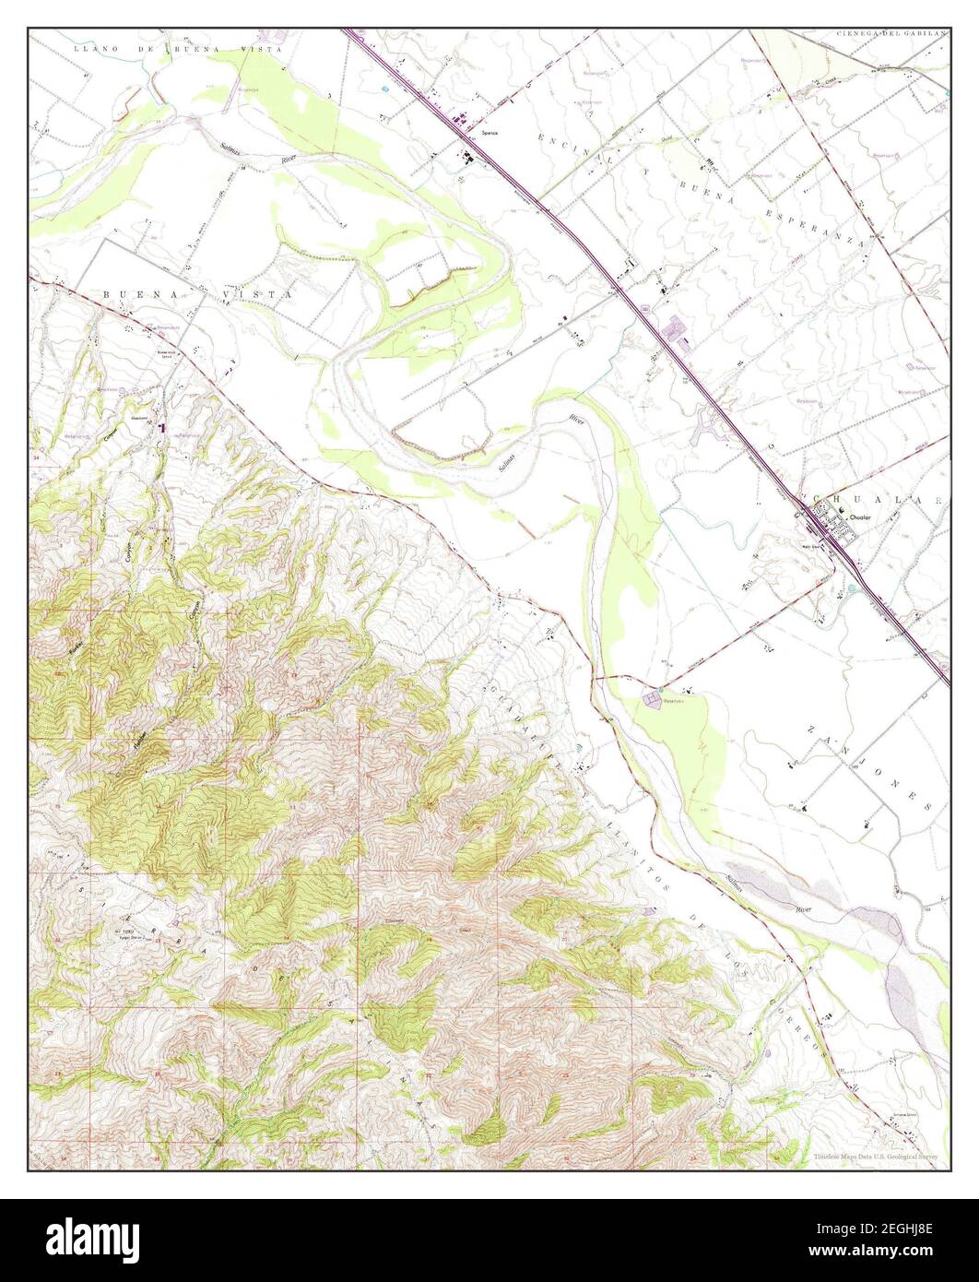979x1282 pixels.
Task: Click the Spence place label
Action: tap(489, 133)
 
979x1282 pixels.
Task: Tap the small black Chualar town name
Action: tap(859, 517)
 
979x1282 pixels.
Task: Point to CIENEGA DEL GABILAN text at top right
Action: tap(891, 33)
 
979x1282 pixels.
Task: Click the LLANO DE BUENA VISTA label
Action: tap(138, 44)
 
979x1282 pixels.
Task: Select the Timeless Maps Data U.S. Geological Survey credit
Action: tap(876, 1157)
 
